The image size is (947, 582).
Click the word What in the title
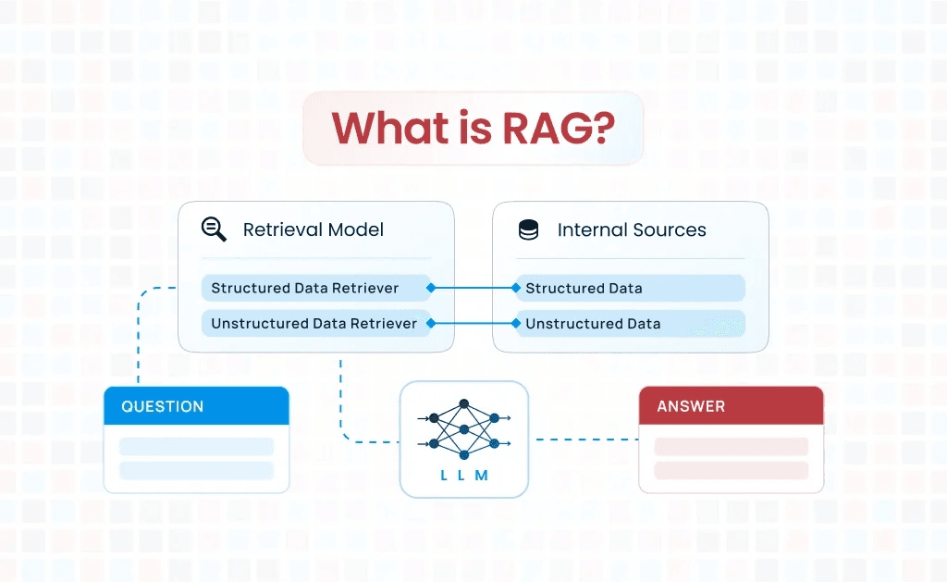tap(390, 129)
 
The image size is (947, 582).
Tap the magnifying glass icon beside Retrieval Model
tap(214, 229)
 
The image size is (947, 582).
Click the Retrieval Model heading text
tap(313, 230)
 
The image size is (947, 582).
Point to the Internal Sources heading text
tap(632, 230)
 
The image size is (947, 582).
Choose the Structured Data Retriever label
tap(305, 288)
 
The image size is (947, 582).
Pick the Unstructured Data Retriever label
tap(314, 323)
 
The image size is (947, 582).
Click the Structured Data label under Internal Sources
tap(584, 288)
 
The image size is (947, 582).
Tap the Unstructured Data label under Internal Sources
tap(593, 323)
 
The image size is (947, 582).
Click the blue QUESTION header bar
tap(196, 406)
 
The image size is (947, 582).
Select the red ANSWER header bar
tap(731, 406)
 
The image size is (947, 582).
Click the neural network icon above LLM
tap(463, 429)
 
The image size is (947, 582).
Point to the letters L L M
tap(463, 476)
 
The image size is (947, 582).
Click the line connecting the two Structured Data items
tap(473, 288)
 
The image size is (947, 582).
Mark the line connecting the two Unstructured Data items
tap(473, 323)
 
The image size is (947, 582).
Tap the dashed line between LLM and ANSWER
tap(584, 440)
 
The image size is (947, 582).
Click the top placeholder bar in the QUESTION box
tap(196, 447)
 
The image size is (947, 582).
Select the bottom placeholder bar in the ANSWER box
tap(731, 470)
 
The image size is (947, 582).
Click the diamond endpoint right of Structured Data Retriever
tap(430, 288)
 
